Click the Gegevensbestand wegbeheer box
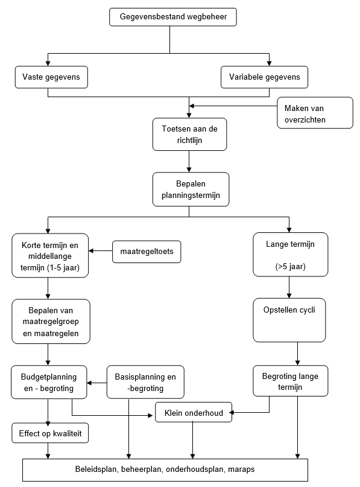coord(173,17)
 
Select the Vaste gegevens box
coord(51,77)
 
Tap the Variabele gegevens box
coord(264,77)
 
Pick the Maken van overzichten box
coord(315,113)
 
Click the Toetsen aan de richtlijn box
coord(189,135)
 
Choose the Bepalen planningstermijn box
coord(191,189)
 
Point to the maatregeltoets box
coord(147,252)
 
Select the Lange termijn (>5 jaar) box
coord(291,255)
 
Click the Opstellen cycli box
coord(289,320)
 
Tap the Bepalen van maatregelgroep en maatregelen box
coord(51,322)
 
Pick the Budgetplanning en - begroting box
coord(49,383)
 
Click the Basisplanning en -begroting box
coord(145,383)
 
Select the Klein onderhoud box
coord(194,413)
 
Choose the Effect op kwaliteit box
coord(50,433)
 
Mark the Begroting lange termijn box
coord(291,381)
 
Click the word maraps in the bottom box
coord(241,469)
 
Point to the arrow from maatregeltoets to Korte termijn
coord(100,250)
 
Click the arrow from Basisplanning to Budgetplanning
coord(97,383)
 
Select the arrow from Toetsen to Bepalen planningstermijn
coord(189,162)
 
